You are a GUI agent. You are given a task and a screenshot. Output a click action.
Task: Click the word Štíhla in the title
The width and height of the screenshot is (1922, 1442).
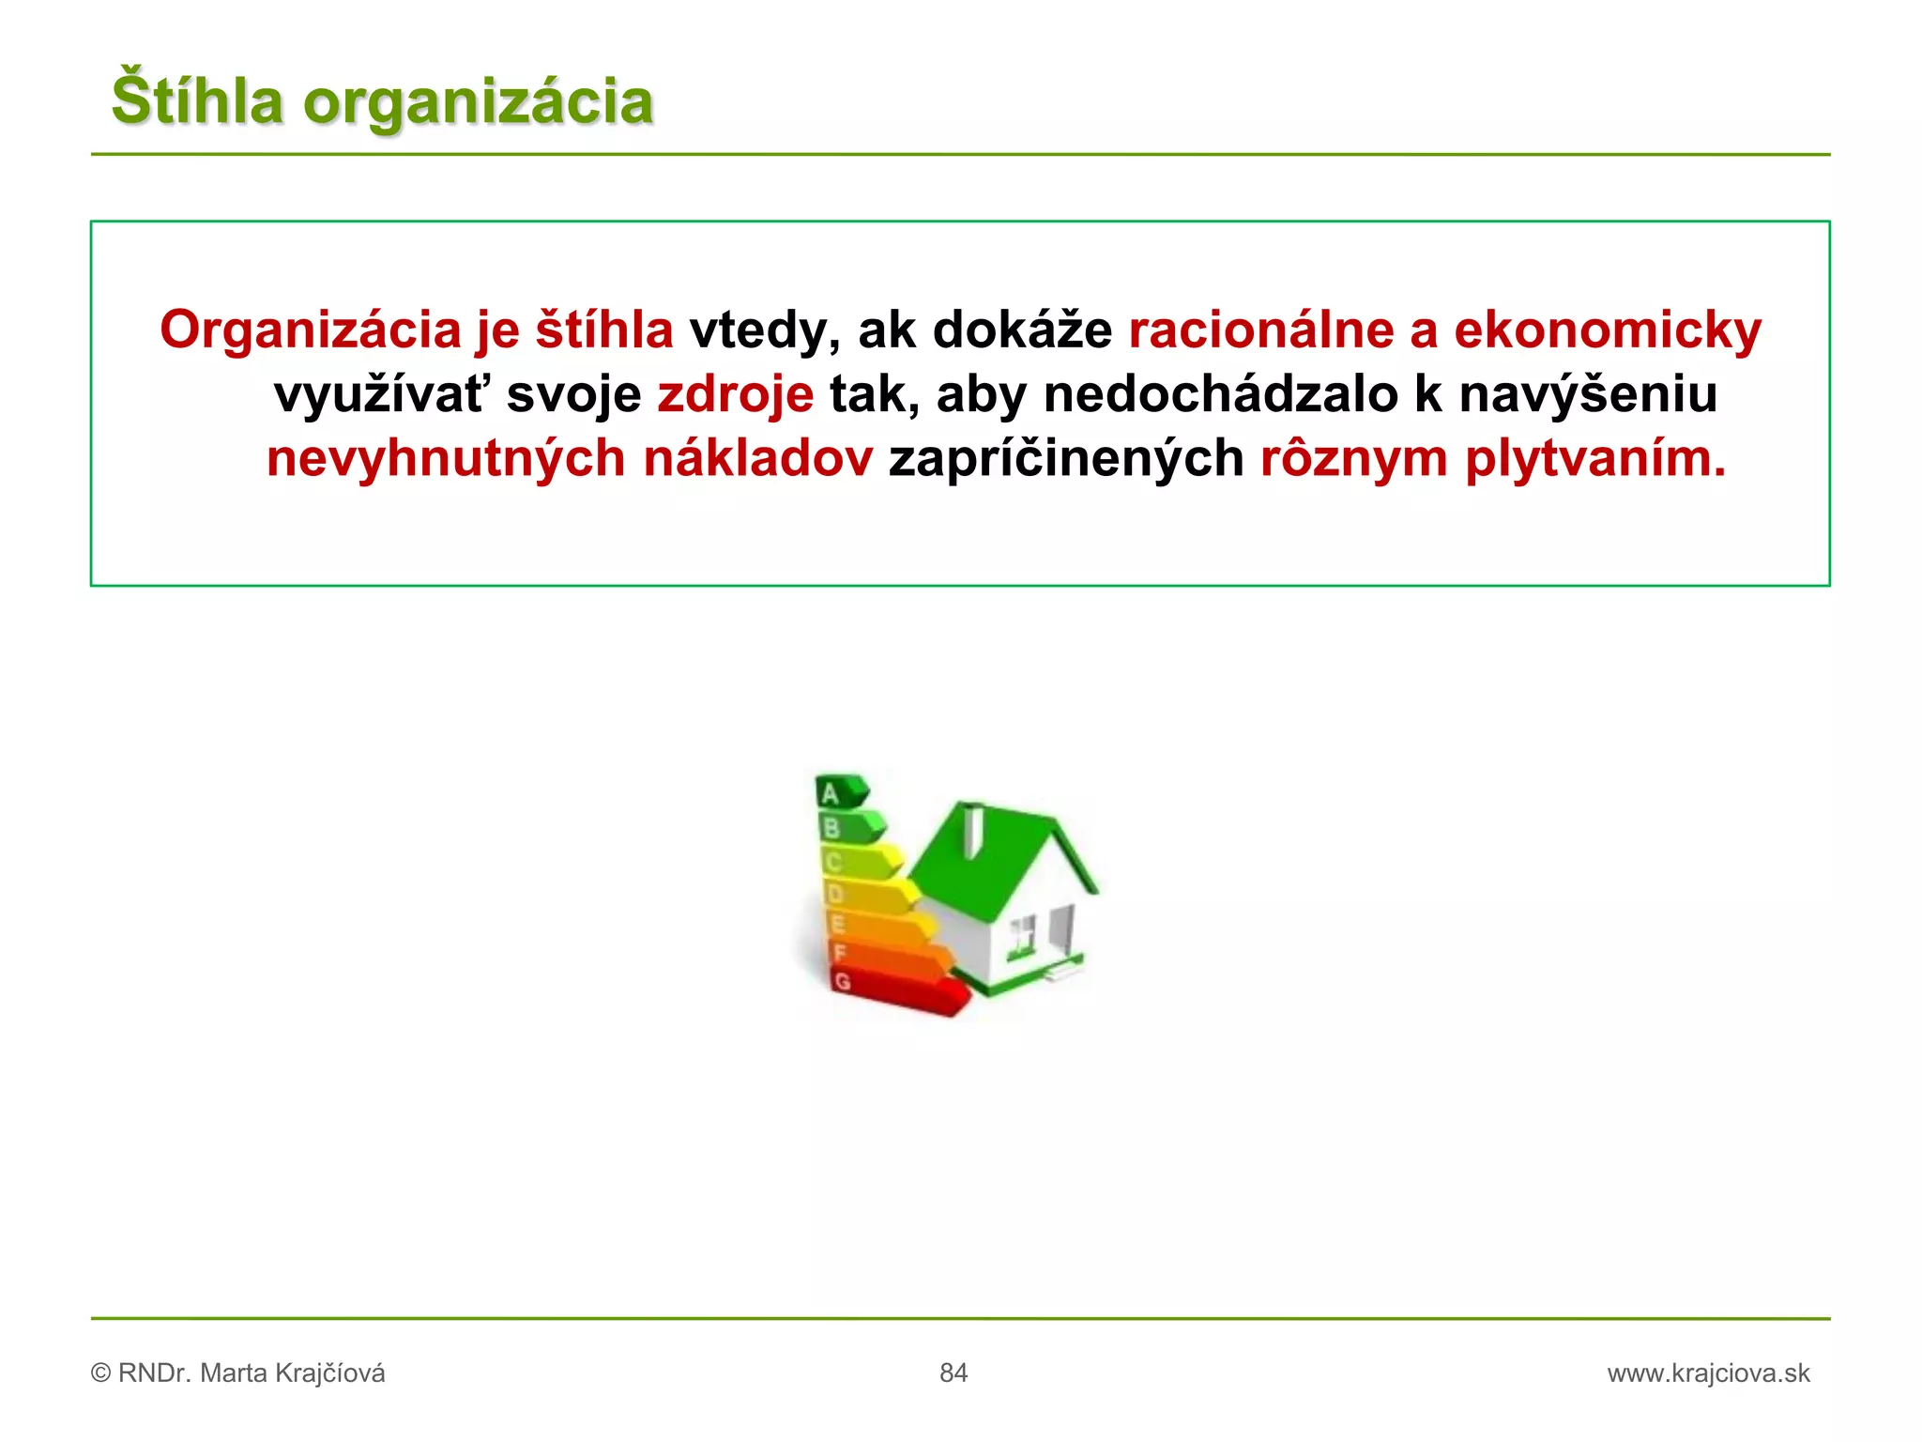point(197,100)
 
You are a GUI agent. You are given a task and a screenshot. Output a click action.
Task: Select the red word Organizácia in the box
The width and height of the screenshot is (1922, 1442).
point(311,330)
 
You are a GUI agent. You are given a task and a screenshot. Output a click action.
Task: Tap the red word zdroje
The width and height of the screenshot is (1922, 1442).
point(735,394)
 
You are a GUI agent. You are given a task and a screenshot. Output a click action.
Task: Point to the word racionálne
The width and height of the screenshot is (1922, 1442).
point(1260,330)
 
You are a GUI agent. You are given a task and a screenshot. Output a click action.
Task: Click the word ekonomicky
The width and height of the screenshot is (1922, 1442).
point(1607,330)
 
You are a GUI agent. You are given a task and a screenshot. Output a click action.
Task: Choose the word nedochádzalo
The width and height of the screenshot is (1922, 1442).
point(1220,394)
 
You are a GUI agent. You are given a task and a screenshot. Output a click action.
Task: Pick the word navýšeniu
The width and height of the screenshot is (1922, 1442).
point(1588,394)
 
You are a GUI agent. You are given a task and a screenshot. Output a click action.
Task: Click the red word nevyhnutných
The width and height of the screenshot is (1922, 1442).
point(446,459)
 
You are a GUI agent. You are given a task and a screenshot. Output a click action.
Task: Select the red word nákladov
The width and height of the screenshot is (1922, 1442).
point(757,459)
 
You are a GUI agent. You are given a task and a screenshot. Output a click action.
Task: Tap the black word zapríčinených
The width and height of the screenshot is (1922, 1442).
point(1066,459)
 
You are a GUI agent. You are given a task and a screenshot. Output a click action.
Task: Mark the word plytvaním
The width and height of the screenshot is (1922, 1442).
point(1594,459)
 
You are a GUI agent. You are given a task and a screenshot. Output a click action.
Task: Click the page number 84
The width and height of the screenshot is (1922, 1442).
point(953,1373)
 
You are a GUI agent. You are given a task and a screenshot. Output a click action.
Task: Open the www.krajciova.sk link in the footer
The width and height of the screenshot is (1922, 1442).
point(1708,1373)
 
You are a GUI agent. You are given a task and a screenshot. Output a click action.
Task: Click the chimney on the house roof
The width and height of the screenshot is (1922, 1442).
point(973,831)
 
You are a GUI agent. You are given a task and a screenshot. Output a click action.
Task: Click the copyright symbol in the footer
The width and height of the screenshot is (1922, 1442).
point(100,1373)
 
